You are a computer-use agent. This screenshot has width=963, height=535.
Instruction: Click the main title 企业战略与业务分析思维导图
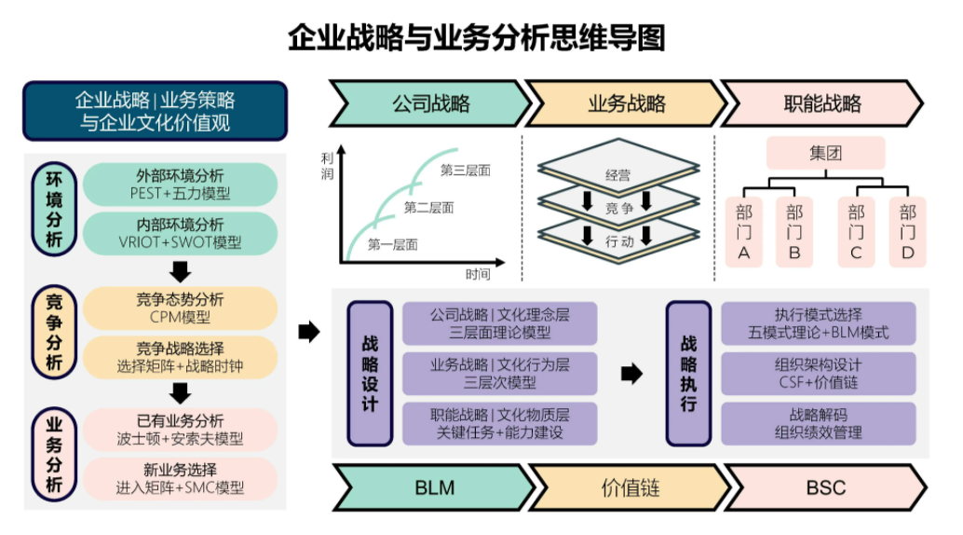click(x=476, y=39)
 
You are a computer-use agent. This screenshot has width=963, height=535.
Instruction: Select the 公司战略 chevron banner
click(x=429, y=103)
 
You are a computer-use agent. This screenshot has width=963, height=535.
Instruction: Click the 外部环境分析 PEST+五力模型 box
click(x=180, y=185)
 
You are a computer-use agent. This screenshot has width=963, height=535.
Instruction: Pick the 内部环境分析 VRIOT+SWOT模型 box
click(x=180, y=234)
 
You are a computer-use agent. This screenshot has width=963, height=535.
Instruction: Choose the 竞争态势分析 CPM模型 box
click(x=180, y=309)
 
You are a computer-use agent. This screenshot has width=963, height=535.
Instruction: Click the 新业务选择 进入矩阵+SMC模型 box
click(x=180, y=478)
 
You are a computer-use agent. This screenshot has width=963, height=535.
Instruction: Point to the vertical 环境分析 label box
click(x=53, y=209)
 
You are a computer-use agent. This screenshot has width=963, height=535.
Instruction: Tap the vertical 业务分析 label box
click(x=53, y=454)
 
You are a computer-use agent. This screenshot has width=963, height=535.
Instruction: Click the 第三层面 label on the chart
click(x=465, y=171)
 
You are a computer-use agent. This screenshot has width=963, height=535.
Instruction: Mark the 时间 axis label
click(x=478, y=274)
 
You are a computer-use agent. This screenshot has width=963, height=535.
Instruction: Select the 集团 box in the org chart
click(x=825, y=154)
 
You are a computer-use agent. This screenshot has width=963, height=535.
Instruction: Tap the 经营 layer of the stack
click(x=617, y=174)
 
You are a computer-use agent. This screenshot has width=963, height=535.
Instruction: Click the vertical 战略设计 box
click(x=370, y=373)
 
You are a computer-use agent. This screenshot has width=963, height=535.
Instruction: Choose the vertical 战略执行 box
click(x=688, y=373)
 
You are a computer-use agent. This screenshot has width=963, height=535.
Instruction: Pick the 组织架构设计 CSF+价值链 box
click(x=819, y=373)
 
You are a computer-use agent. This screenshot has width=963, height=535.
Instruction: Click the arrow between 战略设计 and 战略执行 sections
click(x=632, y=374)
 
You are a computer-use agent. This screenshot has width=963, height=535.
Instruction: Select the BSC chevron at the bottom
click(x=824, y=487)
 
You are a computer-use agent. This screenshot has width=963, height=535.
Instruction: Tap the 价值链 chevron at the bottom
click(x=631, y=487)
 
